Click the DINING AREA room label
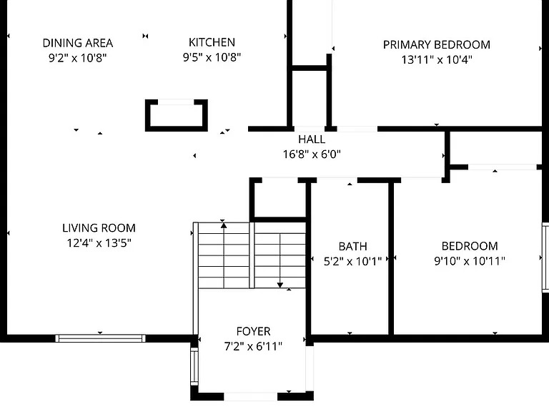[x=78, y=43]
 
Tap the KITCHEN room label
[x=212, y=42]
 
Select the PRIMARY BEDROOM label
[x=437, y=45]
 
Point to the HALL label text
[x=312, y=139]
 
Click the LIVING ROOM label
[x=99, y=228]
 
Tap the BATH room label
[x=353, y=246]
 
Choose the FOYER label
[x=254, y=331]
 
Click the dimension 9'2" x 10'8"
[x=77, y=58]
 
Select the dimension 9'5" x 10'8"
[x=212, y=57]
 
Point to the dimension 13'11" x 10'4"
[x=437, y=59]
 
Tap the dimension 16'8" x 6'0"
[x=312, y=154]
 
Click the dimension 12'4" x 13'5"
[x=99, y=242]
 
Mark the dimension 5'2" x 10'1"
[x=352, y=261]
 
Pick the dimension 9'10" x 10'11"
[x=470, y=261]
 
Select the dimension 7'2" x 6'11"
[x=253, y=346]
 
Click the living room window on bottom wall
[x=100, y=338]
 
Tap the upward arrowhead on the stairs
[x=224, y=225]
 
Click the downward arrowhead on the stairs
[x=280, y=285]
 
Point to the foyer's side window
[x=194, y=366]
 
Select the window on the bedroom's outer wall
[x=545, y=257]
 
